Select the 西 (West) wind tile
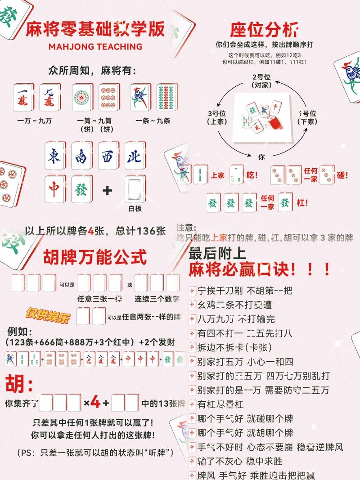(x=108, y=156)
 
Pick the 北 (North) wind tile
(x=135, y=156)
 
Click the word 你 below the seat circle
(x=261, y=157)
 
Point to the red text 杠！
(x=302, y=203)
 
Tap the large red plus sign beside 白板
(x=108, y=191)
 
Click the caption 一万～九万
(x=34, y=121)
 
